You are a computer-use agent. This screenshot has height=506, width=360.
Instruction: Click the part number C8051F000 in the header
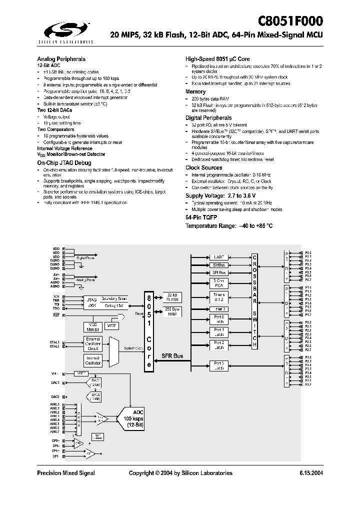click(290, 20)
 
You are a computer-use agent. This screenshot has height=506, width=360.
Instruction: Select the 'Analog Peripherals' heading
click(61, 58)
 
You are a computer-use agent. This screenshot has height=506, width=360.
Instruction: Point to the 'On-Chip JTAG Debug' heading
click(64, 163)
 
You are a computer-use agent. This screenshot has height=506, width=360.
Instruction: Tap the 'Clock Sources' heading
click(203, 167)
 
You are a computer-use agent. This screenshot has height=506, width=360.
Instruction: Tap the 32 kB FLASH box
click(172, 297)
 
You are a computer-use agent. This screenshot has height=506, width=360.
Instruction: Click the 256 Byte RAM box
click(172, 311)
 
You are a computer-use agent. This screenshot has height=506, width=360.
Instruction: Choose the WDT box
click(111, 326)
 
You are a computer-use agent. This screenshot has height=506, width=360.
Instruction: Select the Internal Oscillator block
click(92, 360)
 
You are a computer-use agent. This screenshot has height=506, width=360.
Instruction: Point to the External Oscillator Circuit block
click(92, 344)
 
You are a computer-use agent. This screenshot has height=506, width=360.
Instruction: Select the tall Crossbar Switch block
click(254, 300)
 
